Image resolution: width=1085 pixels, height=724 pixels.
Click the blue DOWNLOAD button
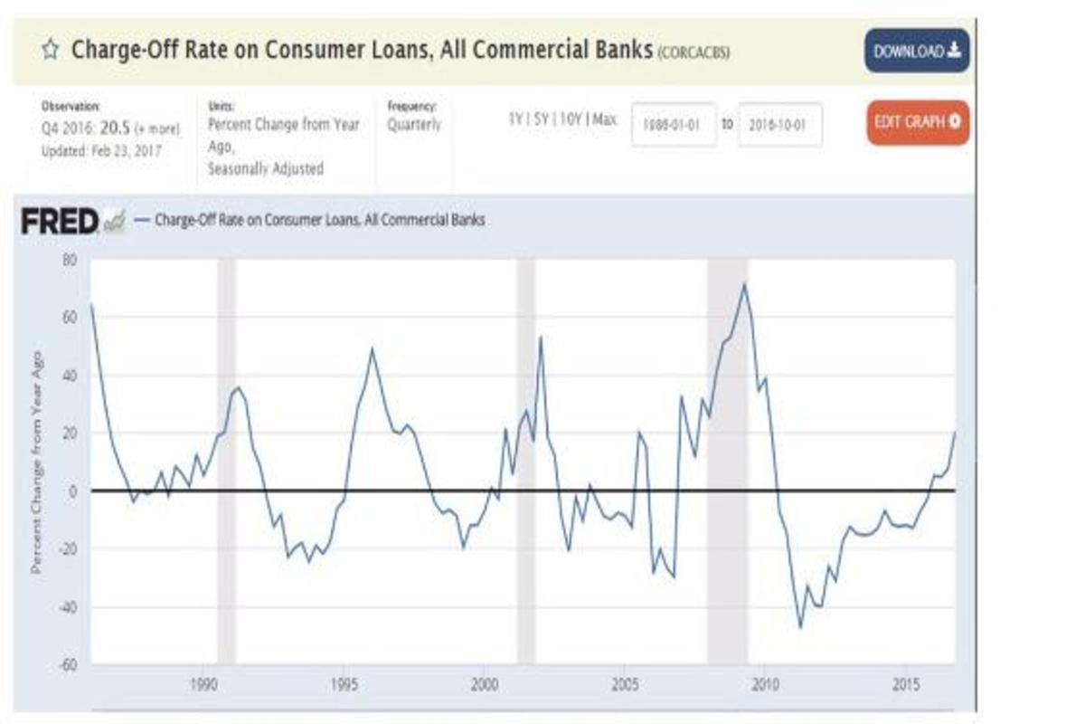point(916,51)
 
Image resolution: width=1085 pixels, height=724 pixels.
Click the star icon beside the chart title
point(50,50)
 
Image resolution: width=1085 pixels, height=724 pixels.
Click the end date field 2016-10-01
point(780,125)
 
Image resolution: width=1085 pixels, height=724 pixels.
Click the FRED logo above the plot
point(61,221)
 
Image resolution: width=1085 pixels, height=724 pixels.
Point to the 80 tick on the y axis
point(70,260)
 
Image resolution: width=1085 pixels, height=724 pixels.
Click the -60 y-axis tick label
point(68,664)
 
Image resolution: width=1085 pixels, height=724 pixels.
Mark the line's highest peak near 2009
point(744,284)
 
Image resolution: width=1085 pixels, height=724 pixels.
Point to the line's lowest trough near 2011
point(800,627)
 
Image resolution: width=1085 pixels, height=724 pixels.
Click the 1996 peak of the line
point(372,349)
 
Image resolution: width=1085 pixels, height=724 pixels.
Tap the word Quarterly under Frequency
point(414,125)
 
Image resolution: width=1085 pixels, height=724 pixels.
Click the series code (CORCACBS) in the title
point(693,52)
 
